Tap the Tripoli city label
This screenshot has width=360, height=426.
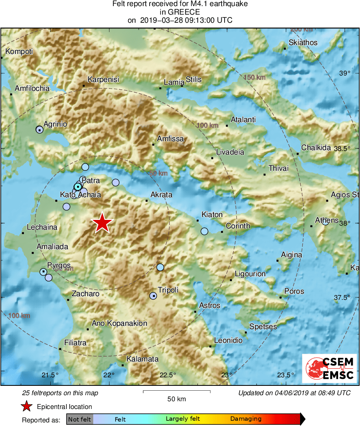coord(168,290)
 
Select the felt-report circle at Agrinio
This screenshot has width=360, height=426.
coord(39,130)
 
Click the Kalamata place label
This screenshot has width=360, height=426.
coord(142,359)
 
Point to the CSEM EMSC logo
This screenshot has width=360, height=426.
coord(329,368)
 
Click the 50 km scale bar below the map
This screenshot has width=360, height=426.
coord(176,392)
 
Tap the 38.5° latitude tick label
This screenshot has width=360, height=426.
coord(342,148)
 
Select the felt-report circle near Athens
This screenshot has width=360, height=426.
coord(325,222)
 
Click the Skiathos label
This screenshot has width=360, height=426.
coord(303,43)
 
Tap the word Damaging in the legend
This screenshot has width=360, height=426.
coord(246,419)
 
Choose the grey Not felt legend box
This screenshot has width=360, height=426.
coord(80,419)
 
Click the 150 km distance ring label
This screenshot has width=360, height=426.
coord(255,77)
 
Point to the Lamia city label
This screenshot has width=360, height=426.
coord(174,82)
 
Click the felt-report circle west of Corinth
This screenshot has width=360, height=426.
coord(204,231)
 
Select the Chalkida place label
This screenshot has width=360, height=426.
coord(316,148)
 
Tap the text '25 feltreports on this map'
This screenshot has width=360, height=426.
coord(60,393)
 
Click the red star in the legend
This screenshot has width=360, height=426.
coord(27,406)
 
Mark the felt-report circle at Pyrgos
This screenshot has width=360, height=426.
coord(43,271)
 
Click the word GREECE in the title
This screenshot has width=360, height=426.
coord(180,12)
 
